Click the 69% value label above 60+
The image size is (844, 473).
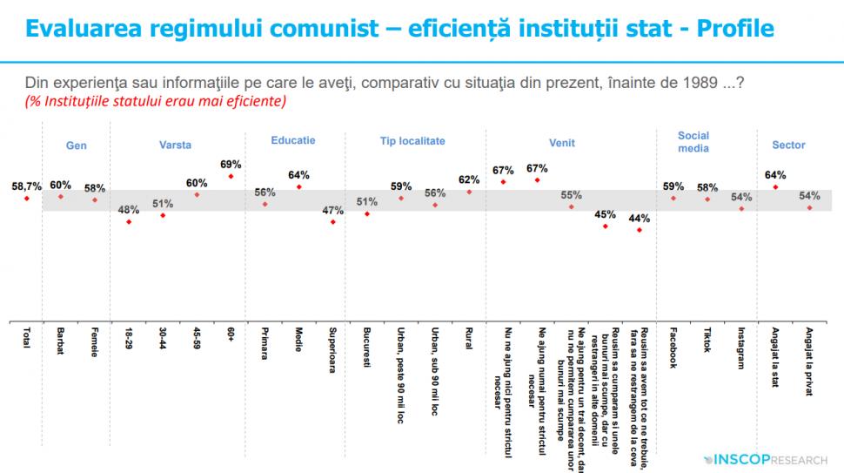pos(231,164)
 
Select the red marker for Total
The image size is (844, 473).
pos(27,199)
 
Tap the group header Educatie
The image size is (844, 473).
pos(293,140)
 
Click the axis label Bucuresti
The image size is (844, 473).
pos(367,348)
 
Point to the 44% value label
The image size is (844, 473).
pos(640,218)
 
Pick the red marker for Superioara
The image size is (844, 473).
pos(332,222)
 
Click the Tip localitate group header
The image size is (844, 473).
pos(412,140)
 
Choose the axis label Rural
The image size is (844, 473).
pos(469,338)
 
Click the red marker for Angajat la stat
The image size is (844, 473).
pos(775,187)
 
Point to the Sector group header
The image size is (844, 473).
pos(789,145)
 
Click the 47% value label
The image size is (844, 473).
pos(332,210)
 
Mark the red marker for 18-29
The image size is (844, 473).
pos(129,222)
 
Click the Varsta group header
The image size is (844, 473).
pos(175,145)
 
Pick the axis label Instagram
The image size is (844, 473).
pos(741,348)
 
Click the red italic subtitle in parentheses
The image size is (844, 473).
pos(157,101)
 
